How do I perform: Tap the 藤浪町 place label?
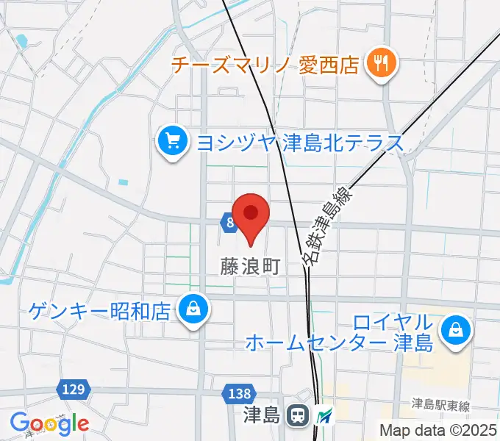(x=251, y=265)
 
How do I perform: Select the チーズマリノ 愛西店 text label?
(x=265, y=65)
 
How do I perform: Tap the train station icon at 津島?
(x=298, y=416)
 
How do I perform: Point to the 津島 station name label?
(x=262, y=416)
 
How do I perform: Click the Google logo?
(x=49, y=423)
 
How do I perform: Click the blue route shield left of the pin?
(x=228, y=221)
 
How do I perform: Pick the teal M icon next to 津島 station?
(x=324, y=417)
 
